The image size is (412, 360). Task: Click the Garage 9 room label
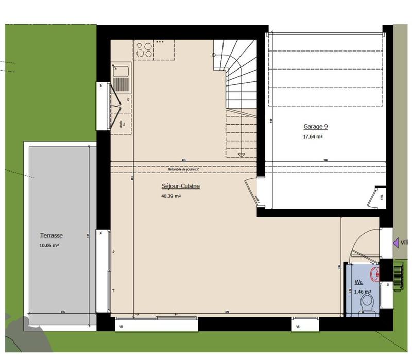tap(315, 127)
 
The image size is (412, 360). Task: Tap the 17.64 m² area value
tap(313, 137)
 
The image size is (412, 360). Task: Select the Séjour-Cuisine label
tap(181, 187)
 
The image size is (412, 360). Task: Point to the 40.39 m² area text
tap(171, 196)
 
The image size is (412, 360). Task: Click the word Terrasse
tap(51, 236)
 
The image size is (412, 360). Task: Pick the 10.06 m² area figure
tap(49, 246)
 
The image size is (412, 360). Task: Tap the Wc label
tap(359, 282)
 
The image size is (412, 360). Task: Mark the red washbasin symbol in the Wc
tap(374, 272)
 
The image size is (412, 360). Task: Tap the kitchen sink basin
tap(122, 82)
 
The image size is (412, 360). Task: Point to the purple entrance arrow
tap(396, 242)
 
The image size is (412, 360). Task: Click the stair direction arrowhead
tap(241, 155)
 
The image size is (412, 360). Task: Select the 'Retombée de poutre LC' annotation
tap(183, 170)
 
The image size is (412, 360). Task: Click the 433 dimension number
tap(183, 160)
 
